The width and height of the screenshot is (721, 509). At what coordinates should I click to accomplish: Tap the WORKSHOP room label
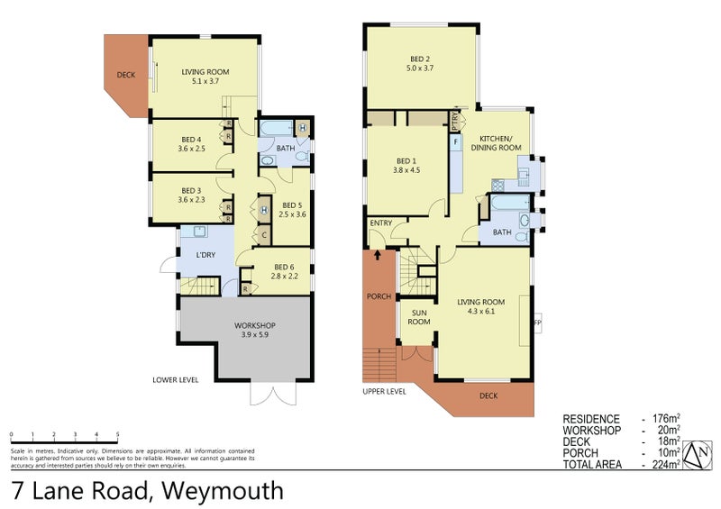coord(255,325)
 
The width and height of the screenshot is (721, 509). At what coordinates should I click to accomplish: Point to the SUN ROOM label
coord(419,318)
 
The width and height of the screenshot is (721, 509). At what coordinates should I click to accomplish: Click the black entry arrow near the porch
coord(379,255)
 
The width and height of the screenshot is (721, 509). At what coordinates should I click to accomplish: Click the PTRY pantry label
coord(455,121)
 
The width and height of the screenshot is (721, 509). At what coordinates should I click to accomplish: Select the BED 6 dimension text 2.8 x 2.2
coord(285,276)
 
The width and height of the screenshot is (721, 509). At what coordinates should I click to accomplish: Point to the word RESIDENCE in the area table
coord(591,419)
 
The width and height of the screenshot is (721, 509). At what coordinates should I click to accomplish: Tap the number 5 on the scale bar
coord(118,434)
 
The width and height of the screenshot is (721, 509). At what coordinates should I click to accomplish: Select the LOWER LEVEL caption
coord(176,380)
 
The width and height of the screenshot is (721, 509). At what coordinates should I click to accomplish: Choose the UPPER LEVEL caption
coord(385,392)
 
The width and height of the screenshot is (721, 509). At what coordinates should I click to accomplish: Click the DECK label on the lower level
coord(126,75)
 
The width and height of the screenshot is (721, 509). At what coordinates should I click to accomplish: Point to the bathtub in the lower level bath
coord(276,129)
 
